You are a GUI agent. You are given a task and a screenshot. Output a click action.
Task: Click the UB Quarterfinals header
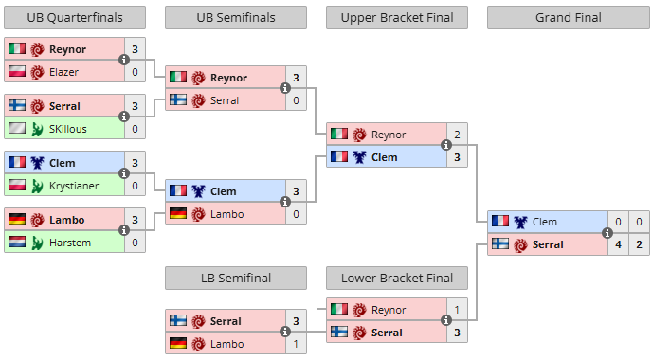[75, 17]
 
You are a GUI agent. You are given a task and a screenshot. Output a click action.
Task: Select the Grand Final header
[568, 17]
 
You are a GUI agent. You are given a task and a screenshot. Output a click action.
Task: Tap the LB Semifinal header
[236, 278]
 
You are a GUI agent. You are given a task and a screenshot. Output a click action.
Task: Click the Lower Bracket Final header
[397, 278]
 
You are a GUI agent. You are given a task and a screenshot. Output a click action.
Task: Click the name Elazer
[63, 72]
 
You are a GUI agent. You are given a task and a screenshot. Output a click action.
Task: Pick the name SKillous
[68, 129]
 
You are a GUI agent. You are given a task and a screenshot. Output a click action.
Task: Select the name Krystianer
[74, 186]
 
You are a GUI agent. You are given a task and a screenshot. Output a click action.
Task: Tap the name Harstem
[70, 243]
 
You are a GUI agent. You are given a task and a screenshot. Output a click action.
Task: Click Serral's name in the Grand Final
[548, 244]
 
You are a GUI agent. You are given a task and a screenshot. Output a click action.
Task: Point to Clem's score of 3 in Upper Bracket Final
[457, 157]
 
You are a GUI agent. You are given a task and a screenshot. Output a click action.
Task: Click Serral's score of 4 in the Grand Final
[618, 244]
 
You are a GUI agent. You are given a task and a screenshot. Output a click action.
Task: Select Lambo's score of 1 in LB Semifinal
[296, 344]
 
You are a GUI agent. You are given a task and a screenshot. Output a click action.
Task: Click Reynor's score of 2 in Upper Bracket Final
[457, 135]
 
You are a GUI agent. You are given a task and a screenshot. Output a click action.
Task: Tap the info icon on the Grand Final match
[607, 233]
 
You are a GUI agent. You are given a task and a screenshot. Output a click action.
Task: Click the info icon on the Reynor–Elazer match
[123, 60]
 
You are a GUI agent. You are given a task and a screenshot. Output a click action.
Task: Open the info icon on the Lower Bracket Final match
[445, 320]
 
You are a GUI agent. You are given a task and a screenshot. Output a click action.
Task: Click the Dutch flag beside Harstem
[17, 242]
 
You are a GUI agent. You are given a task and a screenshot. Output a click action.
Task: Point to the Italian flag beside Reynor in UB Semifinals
[178, 77]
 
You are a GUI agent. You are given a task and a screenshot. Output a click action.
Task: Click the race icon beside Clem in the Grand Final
[520, 222]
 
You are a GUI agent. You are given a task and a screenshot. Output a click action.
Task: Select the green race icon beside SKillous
[37, 129]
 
